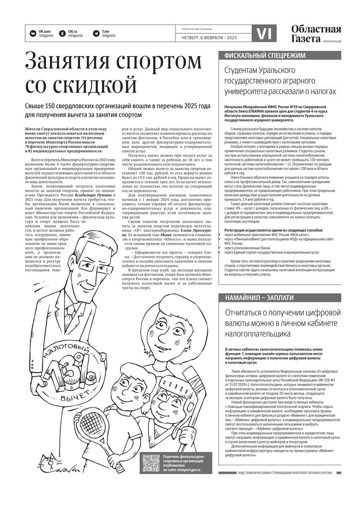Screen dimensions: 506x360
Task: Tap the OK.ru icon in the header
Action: point(63,33)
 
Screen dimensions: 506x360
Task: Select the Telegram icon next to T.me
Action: point(96,33)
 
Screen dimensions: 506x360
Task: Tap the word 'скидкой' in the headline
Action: point(81,84)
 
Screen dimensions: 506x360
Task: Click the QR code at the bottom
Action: point(150,463)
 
